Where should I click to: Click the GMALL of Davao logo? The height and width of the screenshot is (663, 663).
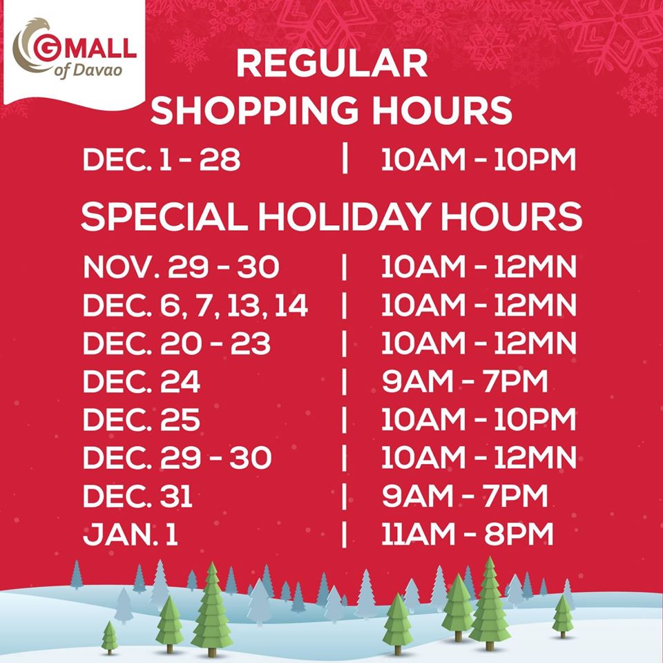tap(75, 50)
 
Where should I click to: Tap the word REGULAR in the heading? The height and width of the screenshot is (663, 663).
tap(332, 64)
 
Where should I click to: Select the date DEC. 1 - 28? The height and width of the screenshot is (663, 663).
tap(162, 160)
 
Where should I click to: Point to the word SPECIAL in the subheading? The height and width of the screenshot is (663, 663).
tap(164, 216)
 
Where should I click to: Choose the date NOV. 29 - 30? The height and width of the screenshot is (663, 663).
tap(182, 267)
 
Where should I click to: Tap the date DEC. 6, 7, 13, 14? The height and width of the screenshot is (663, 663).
tap(195, 306)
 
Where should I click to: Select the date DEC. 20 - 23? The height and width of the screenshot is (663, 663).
tap(177, 343)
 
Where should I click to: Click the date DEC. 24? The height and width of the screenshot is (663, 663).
tap(142, 381)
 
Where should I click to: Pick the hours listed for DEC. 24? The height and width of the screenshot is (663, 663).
tap(465, 381)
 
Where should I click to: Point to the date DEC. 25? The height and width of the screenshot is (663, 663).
tap(142, 419)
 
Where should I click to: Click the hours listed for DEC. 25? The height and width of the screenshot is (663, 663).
tap(479, 419)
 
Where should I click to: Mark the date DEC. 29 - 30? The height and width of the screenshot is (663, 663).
tap(177, 457)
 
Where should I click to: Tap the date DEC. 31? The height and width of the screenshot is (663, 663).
tap(138, 496)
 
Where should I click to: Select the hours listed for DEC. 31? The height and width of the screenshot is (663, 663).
tap(465, 495)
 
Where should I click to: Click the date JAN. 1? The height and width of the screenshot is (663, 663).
tap(131, 534)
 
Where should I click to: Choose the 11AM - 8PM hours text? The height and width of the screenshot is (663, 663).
tap(468, 533)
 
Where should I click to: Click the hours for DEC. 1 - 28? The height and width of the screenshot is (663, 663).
tap(479, 160)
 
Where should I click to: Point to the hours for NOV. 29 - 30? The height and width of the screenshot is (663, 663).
tap(479, 267)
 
